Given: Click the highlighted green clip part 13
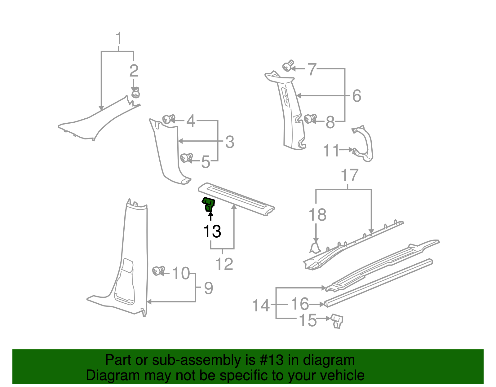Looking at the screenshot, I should click(x=209, y=204).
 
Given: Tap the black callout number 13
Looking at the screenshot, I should click(x=212, y=231).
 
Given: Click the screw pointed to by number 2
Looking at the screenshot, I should click(x=135, y=93).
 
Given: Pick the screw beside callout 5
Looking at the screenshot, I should click(x=186, y=158).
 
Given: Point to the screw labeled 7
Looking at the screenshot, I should click(x=288, y=66).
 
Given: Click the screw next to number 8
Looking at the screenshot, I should click(x=310, y=118).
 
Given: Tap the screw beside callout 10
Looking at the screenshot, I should click(x=158, y=271).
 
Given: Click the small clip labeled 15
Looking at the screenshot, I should click(x=337, y=321).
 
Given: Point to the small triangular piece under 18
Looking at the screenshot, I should click(x=315, y=248).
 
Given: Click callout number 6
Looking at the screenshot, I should click(x=357, y=96).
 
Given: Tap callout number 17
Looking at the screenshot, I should click(x=349, y=175).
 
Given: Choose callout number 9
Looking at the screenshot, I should click(x=209, y=288).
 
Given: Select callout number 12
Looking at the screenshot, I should click(x=224, y=264).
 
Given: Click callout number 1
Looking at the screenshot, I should click(x=118, y=39).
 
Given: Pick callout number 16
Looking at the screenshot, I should click(x=300, y=304).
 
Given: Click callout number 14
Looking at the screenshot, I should click(x=261, y=306).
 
